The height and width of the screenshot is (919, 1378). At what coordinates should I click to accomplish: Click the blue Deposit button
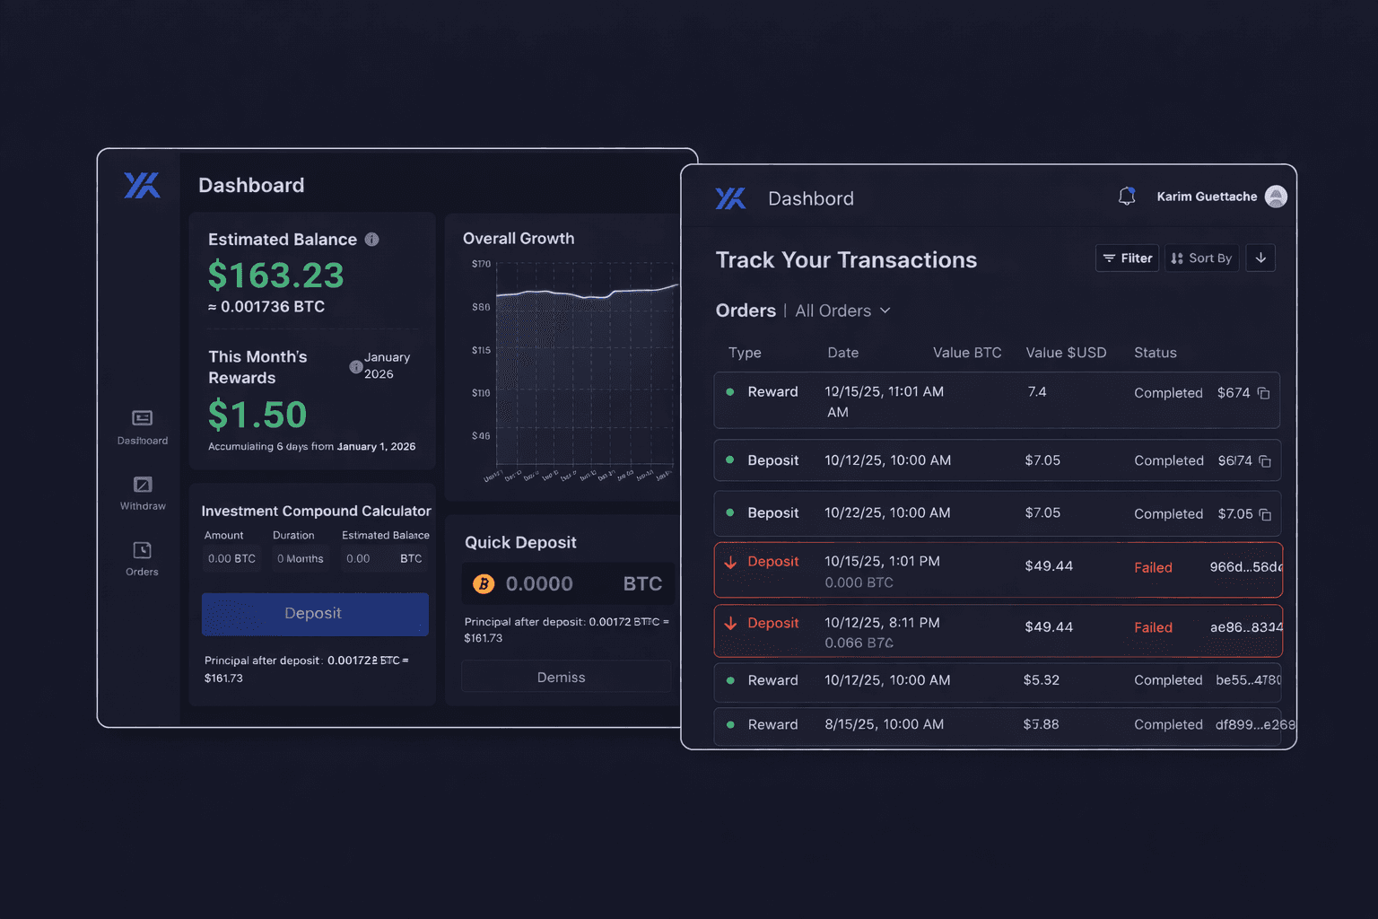coord(314,614)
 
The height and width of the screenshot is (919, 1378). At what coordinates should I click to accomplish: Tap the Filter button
coord(1127,258)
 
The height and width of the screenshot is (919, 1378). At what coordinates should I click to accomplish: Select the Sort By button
coord(1201,258)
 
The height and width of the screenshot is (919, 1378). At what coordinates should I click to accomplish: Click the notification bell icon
coord(1127,196)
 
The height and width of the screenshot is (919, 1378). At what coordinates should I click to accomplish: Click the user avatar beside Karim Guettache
coord(1275,197)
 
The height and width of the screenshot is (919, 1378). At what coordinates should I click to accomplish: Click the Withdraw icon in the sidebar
coord(143,485)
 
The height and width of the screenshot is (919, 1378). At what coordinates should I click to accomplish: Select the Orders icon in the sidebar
coord(142,550)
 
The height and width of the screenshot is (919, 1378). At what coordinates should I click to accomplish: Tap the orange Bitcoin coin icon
coord(484,584)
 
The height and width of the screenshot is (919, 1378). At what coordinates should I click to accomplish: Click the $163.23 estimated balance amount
coord(275,276)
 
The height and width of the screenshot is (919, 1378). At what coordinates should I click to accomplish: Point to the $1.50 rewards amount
coord(257,415)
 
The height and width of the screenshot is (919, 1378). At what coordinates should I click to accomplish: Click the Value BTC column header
coord(966,353)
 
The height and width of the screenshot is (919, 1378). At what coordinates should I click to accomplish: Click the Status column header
coord(1155,353)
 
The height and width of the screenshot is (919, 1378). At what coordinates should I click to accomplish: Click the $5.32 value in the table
coord(1041,680)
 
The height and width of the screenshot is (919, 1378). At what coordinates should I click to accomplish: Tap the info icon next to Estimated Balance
coord(371,240)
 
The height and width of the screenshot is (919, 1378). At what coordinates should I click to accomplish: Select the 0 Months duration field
coord(300,558)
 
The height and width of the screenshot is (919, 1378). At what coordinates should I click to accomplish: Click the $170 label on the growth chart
coord(481,264)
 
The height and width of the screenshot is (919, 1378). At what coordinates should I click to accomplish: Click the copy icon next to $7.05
coord(1265,514)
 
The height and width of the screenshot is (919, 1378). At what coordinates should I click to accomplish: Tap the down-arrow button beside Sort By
coord(1260,258)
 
